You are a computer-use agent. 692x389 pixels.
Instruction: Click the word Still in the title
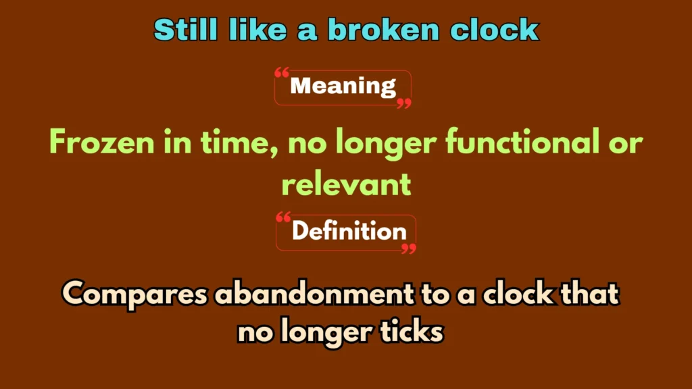(183, 30)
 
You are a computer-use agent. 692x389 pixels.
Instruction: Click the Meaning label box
(343, 86)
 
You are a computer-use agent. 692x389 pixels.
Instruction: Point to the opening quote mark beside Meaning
(282, 72)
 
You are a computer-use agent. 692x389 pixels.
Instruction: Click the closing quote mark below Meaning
(403, 103)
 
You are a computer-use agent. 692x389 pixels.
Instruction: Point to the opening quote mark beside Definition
(283, 217)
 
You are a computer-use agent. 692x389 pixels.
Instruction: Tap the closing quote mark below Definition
(408, 249)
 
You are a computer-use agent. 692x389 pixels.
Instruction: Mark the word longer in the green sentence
(380, 143)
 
